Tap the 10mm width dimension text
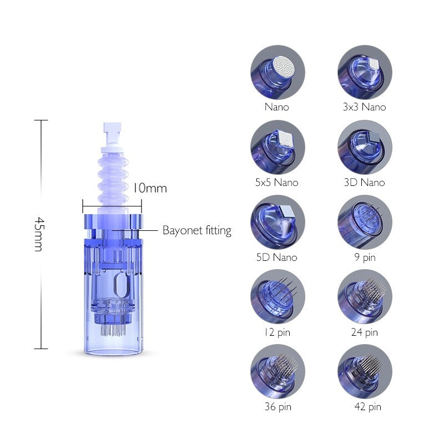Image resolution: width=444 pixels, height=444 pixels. click(149, 188)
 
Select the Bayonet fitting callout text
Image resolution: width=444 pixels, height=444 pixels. click(196, 230)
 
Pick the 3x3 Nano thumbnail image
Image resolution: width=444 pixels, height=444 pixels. click(365, 73)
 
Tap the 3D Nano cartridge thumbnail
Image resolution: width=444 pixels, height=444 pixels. click(365, 148)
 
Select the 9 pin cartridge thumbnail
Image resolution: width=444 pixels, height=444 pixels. click(365, 223)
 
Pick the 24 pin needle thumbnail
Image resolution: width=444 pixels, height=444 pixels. click(365, 299)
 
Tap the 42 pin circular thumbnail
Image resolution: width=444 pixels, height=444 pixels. click(365, 372)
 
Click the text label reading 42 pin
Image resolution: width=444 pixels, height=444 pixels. click(367, 407)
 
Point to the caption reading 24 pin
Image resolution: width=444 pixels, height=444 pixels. click(365, 332)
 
